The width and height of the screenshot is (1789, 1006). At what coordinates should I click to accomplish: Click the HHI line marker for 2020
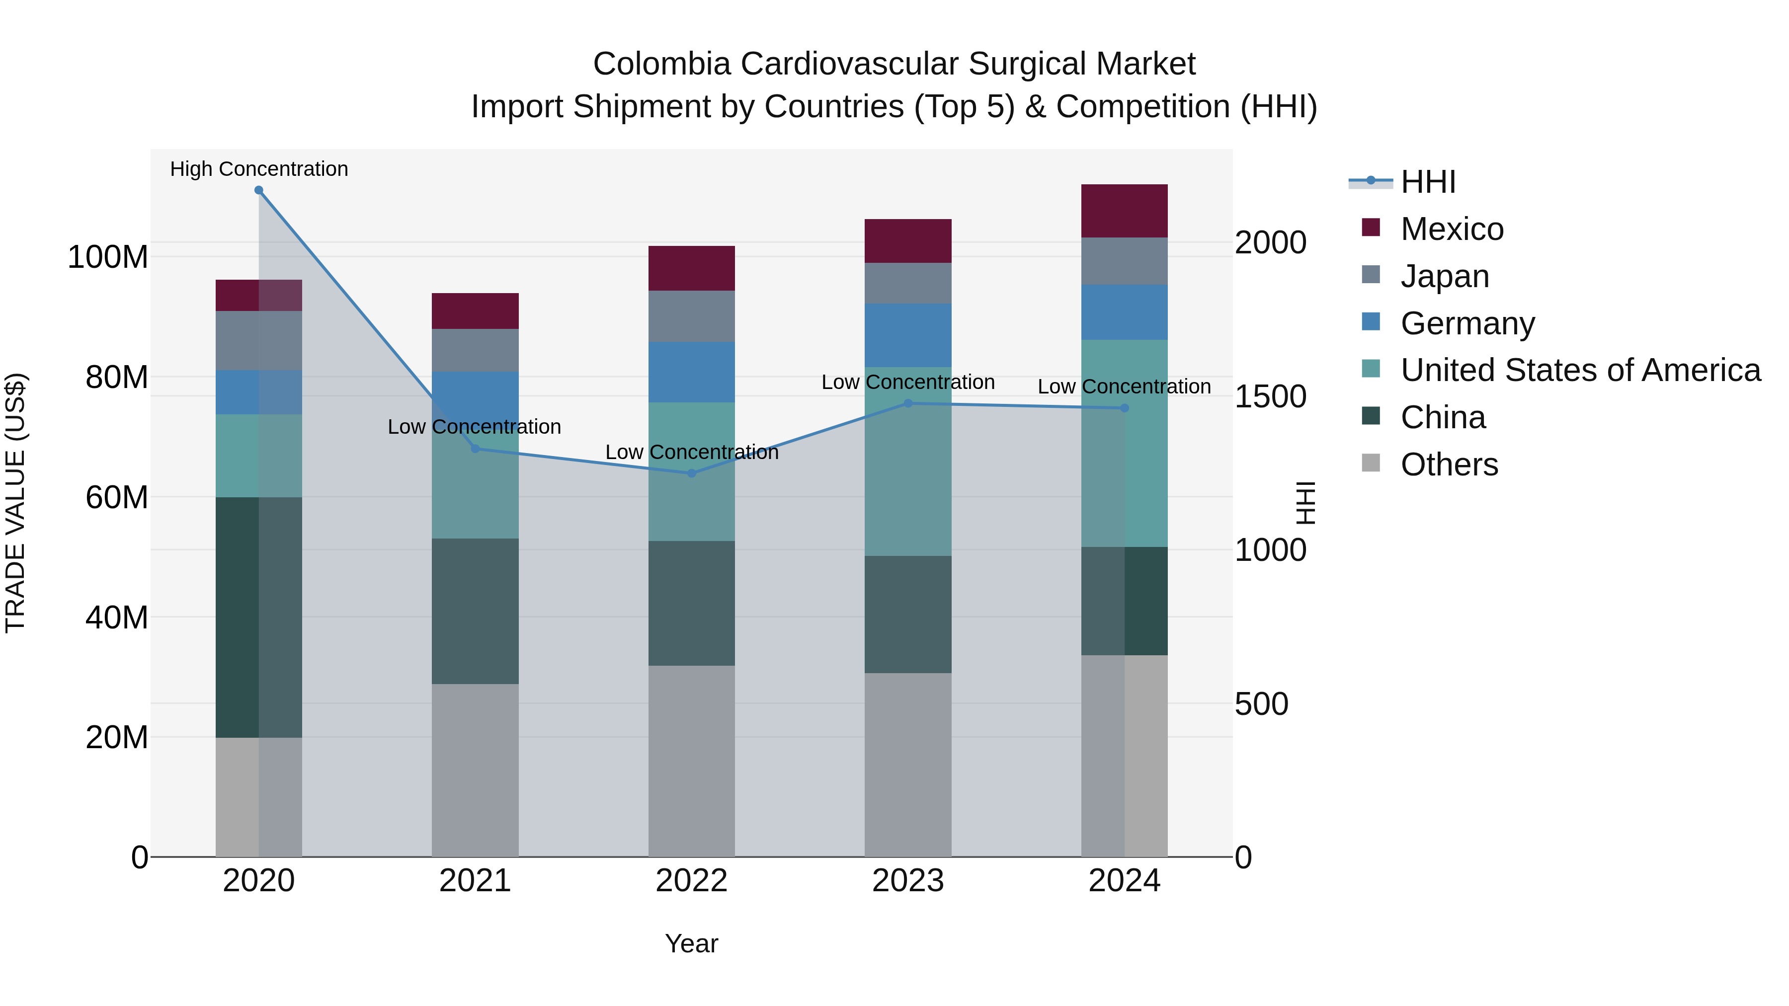point(258,190)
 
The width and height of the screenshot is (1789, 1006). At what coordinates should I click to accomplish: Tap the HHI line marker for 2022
point(691,473)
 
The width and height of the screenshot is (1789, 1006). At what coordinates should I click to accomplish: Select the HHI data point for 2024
point(1125,408)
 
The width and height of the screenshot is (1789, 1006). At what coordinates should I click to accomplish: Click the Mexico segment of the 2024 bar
point(1125,211)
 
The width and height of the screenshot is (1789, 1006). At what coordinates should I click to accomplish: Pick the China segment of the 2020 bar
point(258,617)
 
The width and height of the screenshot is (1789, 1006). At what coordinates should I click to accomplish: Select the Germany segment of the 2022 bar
point(691,372)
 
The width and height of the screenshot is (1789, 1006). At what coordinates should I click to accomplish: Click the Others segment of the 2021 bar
point(475,770)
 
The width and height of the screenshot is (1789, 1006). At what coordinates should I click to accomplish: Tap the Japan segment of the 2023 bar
point(908,283)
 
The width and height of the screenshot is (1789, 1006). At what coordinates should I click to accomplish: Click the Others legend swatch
point(1371,463)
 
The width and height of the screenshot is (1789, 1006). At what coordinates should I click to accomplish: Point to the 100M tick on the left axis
point(108,257)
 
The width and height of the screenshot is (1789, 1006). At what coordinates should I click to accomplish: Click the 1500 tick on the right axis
point(1270,396)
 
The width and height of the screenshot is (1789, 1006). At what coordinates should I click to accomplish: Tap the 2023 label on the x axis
point(908,881)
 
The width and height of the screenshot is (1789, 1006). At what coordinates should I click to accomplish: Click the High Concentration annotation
point(259,169)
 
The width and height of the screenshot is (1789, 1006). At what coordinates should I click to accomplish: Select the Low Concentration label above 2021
point(475,427)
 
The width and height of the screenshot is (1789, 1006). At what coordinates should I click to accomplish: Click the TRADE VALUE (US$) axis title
point(15,503)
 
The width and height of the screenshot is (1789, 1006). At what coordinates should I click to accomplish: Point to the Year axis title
point(691,943)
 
